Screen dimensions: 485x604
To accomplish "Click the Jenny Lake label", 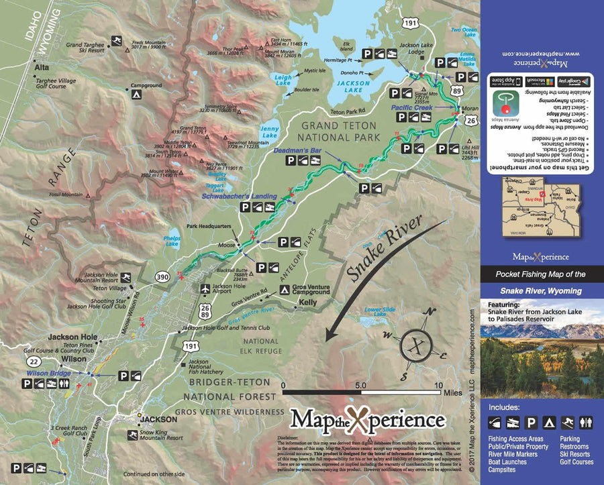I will click(x=268, y=131).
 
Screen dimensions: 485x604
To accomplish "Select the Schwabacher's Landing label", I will click(x=240, y=196).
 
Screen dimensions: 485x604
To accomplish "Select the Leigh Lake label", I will click(x=284, y=80).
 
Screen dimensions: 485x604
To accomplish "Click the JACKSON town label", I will click(x=159, y=419).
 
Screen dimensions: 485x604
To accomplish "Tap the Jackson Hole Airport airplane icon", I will click(x=204, y=288).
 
